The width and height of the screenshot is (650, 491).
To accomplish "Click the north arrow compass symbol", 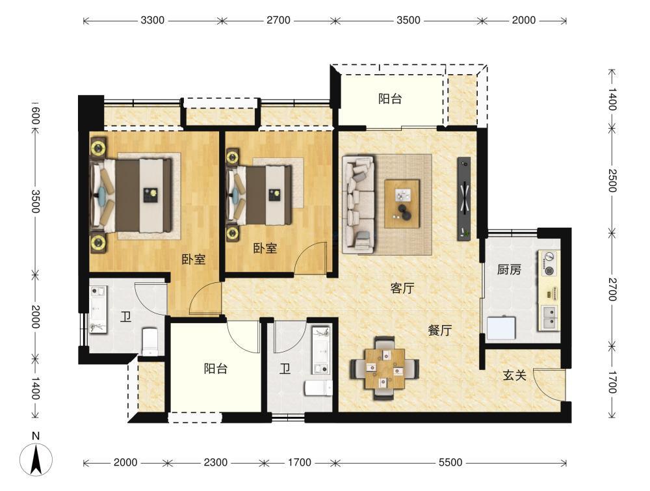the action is tap(36, 459).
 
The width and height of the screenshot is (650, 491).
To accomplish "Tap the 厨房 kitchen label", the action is tap(509, 269).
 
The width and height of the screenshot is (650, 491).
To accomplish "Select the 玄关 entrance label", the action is tap(514, 375).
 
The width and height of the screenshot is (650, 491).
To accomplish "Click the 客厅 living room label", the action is tap(402, 288).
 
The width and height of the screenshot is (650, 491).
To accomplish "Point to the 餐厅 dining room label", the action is tap(439, 330).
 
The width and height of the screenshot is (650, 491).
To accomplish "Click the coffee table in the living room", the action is tap(402, 204).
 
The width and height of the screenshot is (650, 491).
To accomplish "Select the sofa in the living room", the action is tap(359, 204).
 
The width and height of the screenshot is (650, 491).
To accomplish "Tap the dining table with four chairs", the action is tap(385, 369).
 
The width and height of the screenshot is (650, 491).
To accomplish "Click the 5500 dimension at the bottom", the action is tap(450, 462).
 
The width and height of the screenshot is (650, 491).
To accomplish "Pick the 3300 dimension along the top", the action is tap(152, 20).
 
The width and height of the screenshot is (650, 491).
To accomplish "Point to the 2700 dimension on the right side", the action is tap(612, 289).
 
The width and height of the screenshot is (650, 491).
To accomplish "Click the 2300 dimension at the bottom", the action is tap(215, 462).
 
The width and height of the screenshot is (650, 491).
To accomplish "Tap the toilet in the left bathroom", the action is tap(149, 341).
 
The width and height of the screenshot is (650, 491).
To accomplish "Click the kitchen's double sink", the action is tap(549, 317).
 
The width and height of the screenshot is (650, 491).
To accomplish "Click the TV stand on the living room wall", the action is tap(464, 198).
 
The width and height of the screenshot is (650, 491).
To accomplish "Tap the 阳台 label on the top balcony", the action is tap(389, 99).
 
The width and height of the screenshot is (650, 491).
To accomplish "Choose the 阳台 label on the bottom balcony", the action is tap(216, 368).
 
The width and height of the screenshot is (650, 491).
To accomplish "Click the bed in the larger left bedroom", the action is tap(131, 196).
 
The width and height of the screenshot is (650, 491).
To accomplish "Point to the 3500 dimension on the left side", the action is tap(35, 201).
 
